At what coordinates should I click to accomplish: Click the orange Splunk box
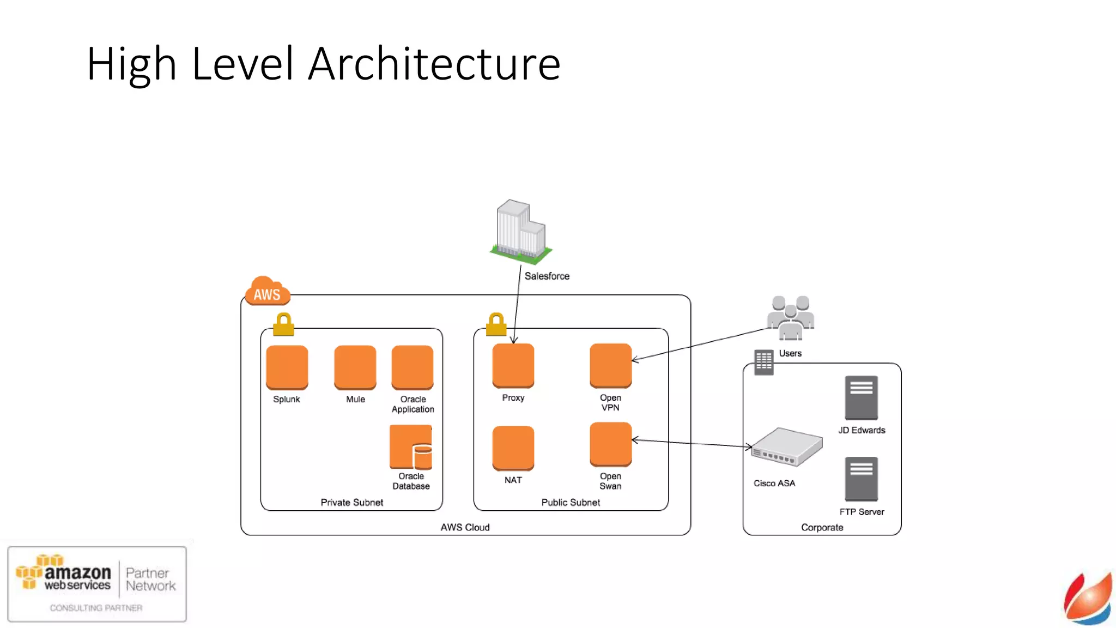tap(287, 367)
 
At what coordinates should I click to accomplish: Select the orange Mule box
tap(355, 367)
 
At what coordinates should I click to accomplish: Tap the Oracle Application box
tap(412, 367)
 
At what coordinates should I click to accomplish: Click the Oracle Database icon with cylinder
tap(411, 447)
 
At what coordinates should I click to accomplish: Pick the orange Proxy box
tap(513, 365)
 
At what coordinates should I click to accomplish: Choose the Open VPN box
tap(610, 365)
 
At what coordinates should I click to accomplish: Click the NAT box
tap(513, 448)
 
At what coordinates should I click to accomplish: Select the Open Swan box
tap(610, 444)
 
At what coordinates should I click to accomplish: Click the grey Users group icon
tap(790, 317)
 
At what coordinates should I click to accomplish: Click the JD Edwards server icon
tap(861, 397)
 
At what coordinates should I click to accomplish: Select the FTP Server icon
tap(861, 479)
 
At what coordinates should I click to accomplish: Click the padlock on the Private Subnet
tap(283, 324)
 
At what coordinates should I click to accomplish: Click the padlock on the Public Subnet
tap(496, 324)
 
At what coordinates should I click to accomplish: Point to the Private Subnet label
tap(351, 503)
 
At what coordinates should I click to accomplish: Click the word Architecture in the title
tap(434, 64)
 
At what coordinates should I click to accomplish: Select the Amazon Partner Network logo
tap(97, 584)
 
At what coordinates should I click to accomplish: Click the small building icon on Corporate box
tap(763, 362)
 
